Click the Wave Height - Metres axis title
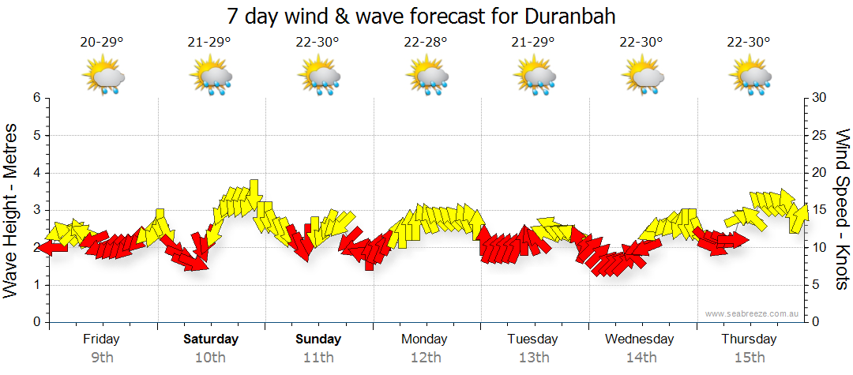12,209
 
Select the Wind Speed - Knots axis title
842,209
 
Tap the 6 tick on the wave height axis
36,98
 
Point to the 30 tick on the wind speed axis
820,98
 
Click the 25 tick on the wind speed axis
820,135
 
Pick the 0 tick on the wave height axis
36,322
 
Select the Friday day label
101,339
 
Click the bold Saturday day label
211,339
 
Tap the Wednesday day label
640,339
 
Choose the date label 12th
426,358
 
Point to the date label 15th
749,358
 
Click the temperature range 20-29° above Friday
102,42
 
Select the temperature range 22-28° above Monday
426,42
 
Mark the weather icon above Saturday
211,77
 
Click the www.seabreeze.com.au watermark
753,313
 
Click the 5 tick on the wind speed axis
817,285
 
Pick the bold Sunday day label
319,339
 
